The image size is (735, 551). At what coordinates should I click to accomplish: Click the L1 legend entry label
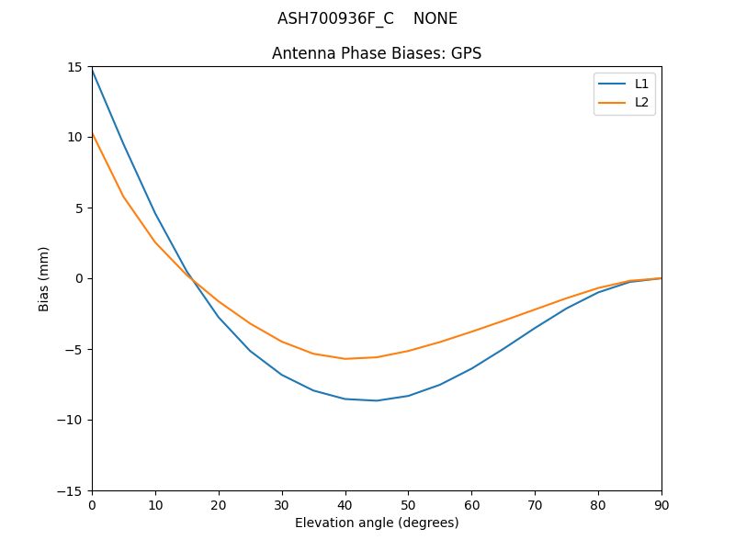641,84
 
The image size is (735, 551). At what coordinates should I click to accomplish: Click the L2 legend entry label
641,102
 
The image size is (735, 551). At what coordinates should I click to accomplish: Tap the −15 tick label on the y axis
73,490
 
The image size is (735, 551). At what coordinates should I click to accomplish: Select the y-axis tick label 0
79,278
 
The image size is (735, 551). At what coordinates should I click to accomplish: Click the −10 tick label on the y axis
73,420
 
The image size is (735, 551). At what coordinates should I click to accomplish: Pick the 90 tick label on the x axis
661,504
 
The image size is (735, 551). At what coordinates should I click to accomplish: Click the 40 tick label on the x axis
345,504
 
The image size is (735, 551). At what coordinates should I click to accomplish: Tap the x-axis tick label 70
535,504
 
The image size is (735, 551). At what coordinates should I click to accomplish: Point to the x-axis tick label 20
219,504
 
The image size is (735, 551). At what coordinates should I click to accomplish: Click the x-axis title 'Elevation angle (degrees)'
377,523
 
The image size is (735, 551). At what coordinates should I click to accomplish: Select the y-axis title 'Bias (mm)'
44,278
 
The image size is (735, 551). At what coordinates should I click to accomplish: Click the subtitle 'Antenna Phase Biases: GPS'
377,53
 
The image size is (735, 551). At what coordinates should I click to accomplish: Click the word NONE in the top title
435,18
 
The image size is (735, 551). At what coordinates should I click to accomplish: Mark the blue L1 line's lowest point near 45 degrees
377,400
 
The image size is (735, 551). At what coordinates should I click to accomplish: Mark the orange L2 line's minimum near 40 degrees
345,359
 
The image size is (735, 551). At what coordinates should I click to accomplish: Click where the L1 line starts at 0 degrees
92,70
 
